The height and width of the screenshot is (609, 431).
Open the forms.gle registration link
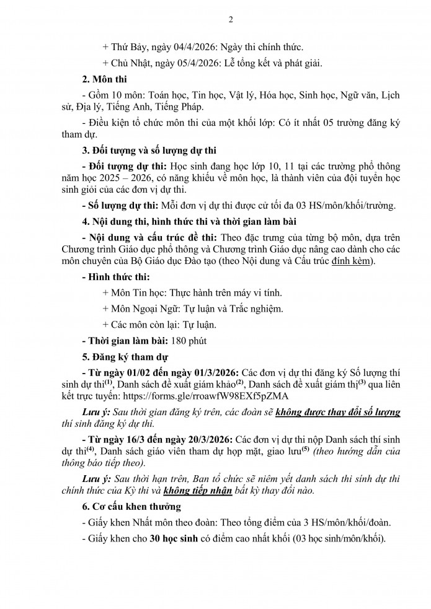click(x=203, y=395)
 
